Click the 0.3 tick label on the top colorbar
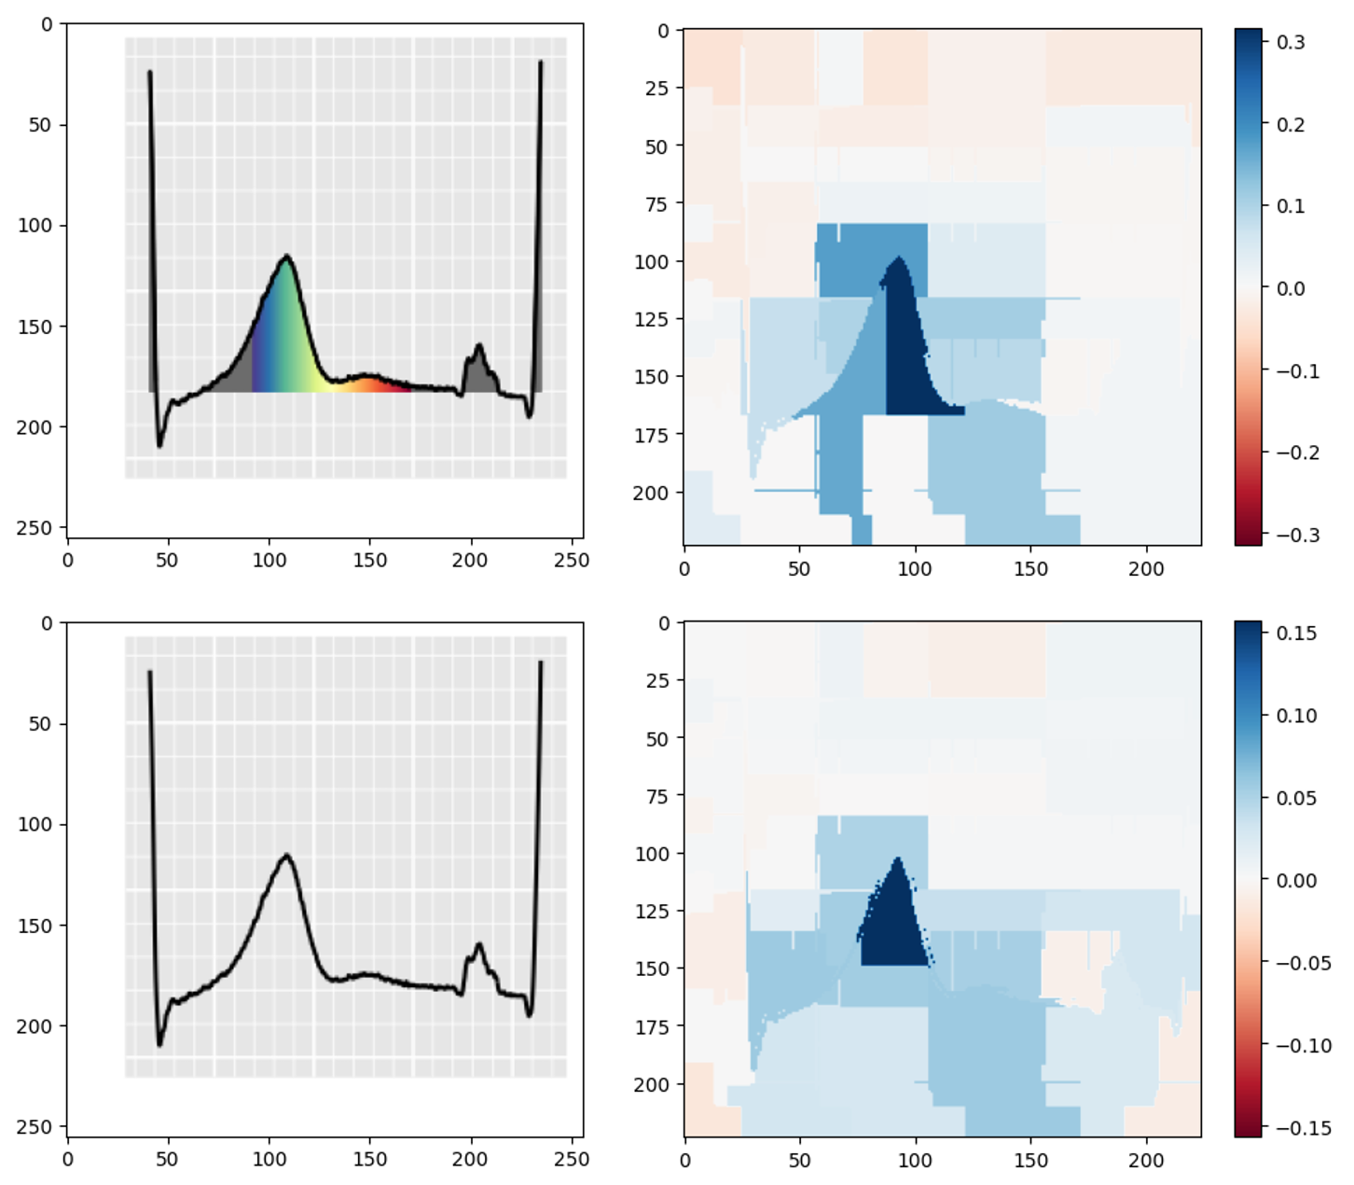coord(1291,42)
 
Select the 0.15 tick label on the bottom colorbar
coord(1296,634)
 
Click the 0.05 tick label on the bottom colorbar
coord(1296,798)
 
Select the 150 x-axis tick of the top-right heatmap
coord(1029,569)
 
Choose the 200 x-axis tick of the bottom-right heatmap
coord(1146,1160)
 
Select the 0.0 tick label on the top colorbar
coord(1291,288)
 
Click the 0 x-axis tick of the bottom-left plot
coord(67,1160)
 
